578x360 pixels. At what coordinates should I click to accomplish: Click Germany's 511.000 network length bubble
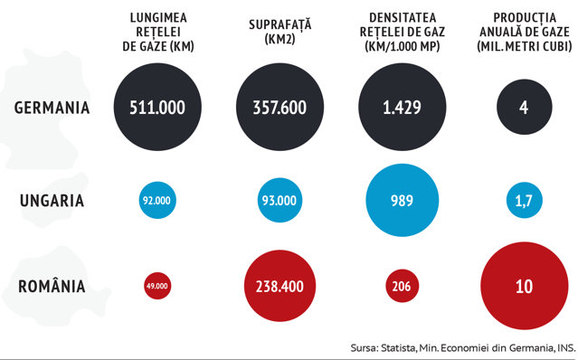click(x=157, y=107)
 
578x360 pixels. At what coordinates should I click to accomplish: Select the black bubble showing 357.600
click(x=280, y=107)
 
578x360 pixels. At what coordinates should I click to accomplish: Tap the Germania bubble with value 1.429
click(x=403, y=107)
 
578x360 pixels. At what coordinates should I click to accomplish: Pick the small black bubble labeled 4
click(x=525, y=107)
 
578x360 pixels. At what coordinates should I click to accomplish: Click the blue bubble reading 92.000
click(x=157, y=200)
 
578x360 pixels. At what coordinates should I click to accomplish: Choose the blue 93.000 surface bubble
click(x=280, y=200)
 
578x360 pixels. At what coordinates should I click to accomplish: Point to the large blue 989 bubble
click(x=403, y=200)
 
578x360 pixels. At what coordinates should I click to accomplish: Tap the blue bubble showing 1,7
click(x=525, y=200)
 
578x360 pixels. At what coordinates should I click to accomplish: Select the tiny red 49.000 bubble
click(x=157, y=286)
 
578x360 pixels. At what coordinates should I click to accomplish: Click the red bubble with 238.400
click(x=280, y=286)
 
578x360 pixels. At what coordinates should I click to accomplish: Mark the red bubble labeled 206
click(x=403, y=286)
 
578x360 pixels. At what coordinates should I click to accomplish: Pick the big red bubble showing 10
click(x=525, y=286)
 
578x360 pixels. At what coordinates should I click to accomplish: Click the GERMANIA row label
click(x=52, y=108)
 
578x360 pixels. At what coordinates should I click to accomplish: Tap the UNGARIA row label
click(x=52, y=201)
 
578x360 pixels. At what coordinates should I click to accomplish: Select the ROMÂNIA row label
click(x=52, y=286)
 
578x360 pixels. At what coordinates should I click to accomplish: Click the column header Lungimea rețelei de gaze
click(x=158, y=32)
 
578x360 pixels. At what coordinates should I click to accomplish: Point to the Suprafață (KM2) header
click(x=280, y=32)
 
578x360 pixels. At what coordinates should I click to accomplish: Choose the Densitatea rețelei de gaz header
click(x=403, y=32)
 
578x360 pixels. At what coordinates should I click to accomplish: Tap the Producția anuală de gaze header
click(x=525, y=32)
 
